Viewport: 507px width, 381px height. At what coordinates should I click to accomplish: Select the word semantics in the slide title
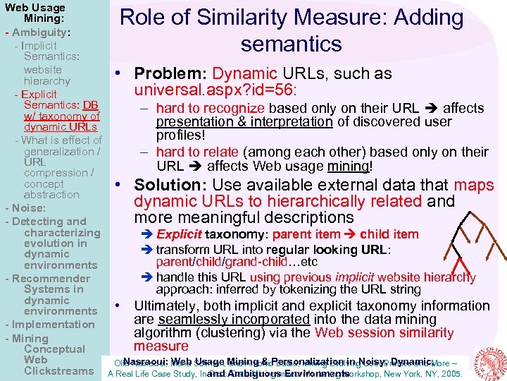pyautogui.click(x=291, y=44)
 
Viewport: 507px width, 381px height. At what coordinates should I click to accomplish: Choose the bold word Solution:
pyautogui.click(x=168, y=185)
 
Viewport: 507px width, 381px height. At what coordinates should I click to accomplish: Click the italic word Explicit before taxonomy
pyautogui.click(x=178, y=234)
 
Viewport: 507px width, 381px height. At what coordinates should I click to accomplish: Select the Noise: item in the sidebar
pyautogui.click(x=27, y=208)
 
